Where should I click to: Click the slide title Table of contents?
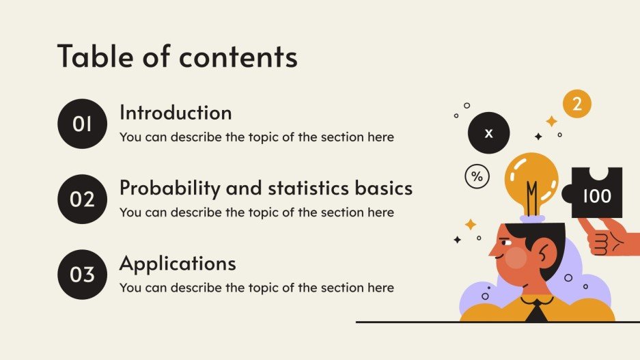pos(178,56)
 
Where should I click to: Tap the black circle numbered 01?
pos(82,124)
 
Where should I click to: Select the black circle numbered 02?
pos(82,199)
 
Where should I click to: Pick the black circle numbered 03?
pos(82,275)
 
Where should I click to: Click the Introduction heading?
pos(176,113)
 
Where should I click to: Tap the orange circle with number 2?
pos(576,104)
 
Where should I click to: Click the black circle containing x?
pos(488,133)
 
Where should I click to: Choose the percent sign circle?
pos(477,176)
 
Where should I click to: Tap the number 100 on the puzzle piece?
pos(597,196)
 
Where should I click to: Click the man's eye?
pos(506,243)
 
